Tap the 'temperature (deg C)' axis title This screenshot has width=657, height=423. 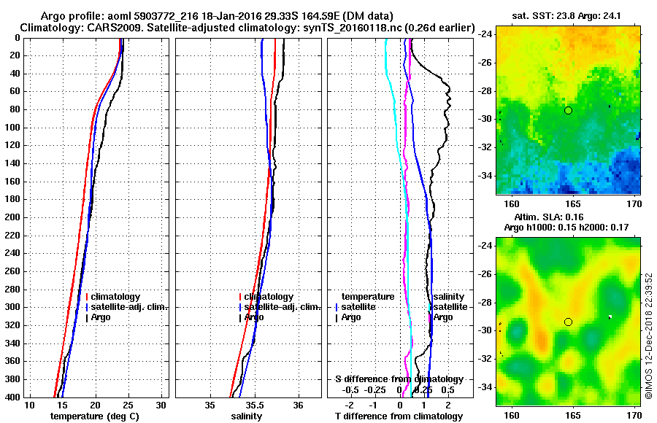[94, 416]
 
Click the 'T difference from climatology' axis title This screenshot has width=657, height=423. [399, 416]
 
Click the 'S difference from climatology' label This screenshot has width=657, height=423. [399, 379]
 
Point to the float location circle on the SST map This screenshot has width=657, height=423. [568, 110]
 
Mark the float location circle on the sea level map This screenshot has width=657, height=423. [568, 322]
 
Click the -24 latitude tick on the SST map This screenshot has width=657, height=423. [485, 34]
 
